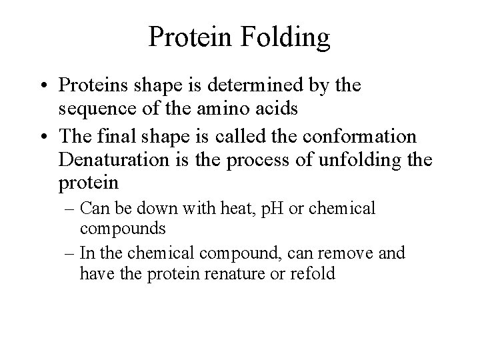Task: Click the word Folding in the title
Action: coord(287,37)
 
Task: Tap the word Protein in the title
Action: coord(189,37)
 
